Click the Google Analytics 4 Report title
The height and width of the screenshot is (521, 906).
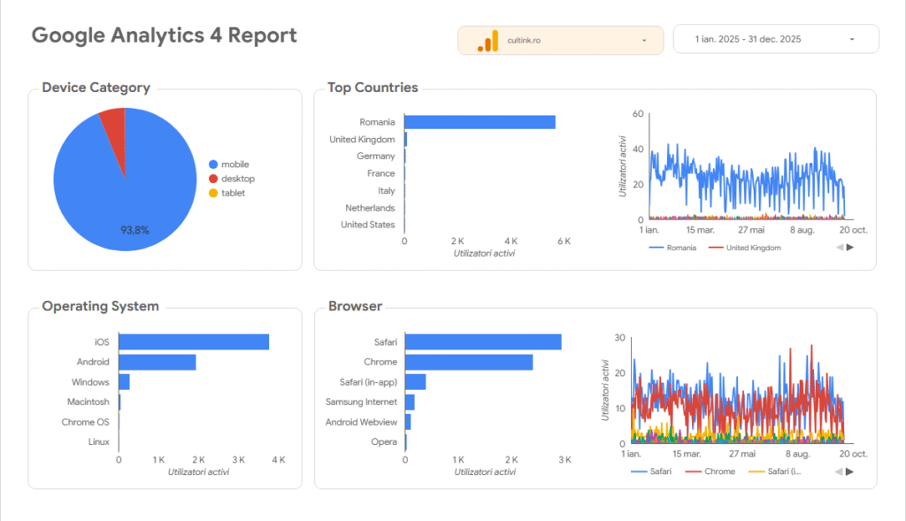pos(164,35)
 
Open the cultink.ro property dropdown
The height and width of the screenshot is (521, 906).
pos(560,40)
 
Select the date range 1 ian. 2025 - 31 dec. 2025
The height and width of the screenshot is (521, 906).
pos(775,40)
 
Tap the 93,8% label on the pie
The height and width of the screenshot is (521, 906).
pos(134,230)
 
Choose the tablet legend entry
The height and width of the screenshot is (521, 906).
pos(233,193)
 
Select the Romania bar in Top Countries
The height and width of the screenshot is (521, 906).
pos(480,122)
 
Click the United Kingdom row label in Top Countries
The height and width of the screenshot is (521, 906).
pos(362,140)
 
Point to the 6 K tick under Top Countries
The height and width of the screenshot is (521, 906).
pos(563,241)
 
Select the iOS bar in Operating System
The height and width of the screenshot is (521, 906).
pos(193,342)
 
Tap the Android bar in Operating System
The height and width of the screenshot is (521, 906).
pos(157,362)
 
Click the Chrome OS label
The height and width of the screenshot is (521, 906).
pos(85,422)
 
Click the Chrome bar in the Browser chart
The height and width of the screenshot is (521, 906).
pos(468,362)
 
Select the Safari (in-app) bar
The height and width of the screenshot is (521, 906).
pos(415,382)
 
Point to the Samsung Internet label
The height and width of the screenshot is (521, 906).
pos(361,402)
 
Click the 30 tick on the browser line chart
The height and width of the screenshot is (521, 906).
pos(620,338)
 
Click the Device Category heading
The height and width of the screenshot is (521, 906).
pos(96,88)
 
